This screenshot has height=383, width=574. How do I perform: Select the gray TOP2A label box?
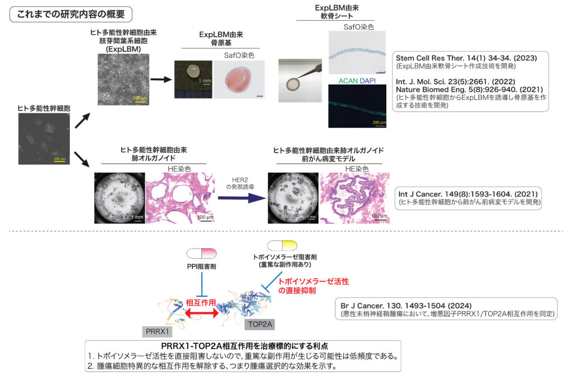(x=261, y=323)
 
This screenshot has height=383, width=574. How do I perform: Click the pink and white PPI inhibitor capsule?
(x=202, y=254)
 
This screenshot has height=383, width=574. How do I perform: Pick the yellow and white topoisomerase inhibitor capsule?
(x=283, y=246)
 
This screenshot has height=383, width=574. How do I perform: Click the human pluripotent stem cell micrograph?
(x=41, y=138)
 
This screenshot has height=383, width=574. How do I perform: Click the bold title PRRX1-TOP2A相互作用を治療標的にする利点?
(x=244, y=345)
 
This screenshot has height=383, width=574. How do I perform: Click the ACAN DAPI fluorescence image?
(x=358, y=106)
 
